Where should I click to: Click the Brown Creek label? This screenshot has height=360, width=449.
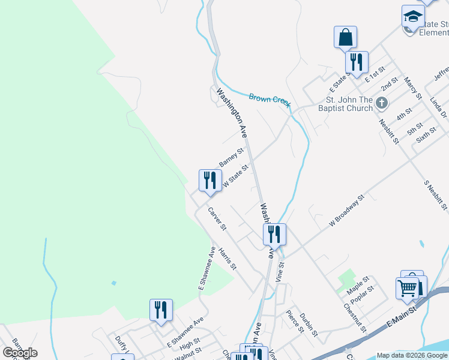(270, 100)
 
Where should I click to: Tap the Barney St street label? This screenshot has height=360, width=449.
(231, 158)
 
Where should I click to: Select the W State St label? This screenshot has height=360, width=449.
(235, 176)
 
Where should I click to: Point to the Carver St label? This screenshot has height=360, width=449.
(217, 219)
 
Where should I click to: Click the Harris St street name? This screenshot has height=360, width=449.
(228, 258)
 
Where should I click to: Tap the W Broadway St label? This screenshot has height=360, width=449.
(347, 210)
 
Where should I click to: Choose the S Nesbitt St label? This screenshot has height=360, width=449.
(436, 195)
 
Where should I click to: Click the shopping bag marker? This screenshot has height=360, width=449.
(345, 37)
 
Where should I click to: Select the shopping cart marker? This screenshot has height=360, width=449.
(408, 288)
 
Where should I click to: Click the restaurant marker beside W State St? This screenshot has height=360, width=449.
(210, 181)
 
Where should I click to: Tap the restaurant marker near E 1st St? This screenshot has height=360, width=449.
(357, 62)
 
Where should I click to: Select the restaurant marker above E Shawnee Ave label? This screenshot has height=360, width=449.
(161, 310)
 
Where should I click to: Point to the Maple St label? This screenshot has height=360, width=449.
(358, 285)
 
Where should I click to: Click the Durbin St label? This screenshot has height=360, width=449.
(309, 323)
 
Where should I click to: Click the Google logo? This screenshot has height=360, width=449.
(20, 353)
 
